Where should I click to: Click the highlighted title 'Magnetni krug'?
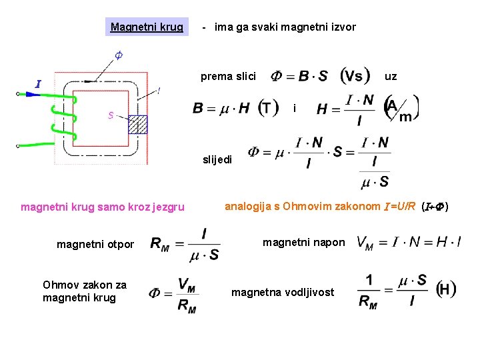[x=147, y=27]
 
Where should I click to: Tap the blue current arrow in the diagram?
[x=31, y=95]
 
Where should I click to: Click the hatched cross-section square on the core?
[x=137, y=124]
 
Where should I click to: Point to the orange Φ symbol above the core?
[x=118, y=55]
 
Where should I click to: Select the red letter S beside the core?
[x=111, y=115]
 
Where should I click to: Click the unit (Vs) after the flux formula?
[x=356, y=75]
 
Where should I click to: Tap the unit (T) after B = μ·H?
[x=268, y=108]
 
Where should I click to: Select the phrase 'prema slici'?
[x=228, y=76]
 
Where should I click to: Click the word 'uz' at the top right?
[x=391, y=76]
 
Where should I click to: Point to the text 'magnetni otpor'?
[x=95, y=245]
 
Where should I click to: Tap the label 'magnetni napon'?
[x=304, y=242]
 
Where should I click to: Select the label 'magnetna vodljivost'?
[x=283, y=292]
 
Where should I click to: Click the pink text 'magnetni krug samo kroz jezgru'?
[x=103, y=207]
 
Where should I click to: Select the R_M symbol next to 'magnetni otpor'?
[x=160, y=245]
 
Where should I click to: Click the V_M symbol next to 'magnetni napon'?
[x=366, y=242]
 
